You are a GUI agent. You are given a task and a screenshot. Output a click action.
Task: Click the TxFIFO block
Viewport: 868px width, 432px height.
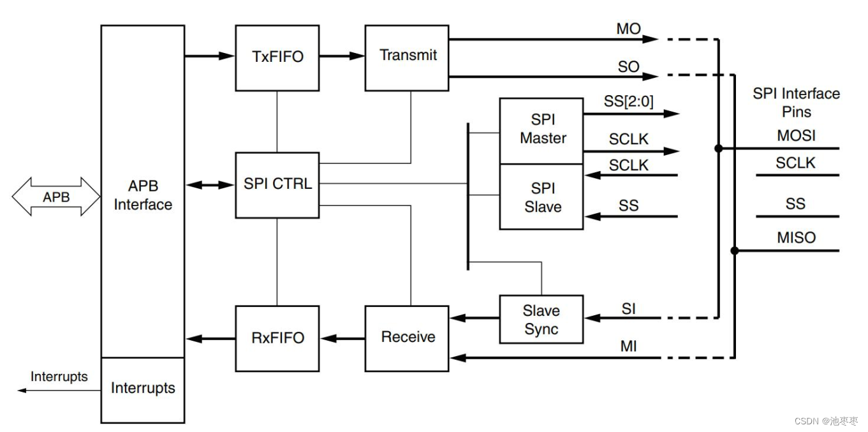coord(277,57)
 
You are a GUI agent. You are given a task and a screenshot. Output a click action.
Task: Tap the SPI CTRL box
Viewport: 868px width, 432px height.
coord(277,184)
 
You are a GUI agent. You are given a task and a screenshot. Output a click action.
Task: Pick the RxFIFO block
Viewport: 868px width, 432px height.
coord(277,338)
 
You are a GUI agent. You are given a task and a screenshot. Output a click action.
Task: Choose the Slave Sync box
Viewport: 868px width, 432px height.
coord(541,320)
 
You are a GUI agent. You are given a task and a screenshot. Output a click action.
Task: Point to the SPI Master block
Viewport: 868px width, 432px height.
coord(541,130)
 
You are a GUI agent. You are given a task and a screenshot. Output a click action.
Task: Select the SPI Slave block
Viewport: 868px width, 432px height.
coord(541,197)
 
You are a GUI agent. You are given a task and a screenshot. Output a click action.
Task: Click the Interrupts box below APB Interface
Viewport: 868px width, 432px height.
coord(142,389)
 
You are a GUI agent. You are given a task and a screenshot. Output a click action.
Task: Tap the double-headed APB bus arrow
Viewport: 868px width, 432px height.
coord(56,197)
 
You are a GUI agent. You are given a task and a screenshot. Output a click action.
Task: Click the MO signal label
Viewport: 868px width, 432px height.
coord(628,29)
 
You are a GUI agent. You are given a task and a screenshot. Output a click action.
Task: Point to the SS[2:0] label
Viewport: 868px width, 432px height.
coord(628,101)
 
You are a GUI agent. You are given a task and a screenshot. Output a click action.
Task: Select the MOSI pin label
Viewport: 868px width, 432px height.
coord(796,135)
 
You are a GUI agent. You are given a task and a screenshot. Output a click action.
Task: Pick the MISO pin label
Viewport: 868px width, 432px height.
coord(796,238)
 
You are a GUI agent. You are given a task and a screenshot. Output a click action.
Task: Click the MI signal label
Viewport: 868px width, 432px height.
coord(628,346)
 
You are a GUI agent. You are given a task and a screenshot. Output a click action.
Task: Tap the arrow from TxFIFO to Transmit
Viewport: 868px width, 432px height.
coord(342,56)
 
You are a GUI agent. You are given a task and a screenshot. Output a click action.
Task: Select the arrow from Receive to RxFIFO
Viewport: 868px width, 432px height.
coord(342,338)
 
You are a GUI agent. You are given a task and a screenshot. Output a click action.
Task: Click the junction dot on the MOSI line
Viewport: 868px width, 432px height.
coord(718,148)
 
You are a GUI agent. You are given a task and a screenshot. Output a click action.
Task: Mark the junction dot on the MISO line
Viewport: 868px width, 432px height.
coord(735,251)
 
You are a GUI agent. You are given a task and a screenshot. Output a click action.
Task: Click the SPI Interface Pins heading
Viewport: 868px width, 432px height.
coord(796,103)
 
